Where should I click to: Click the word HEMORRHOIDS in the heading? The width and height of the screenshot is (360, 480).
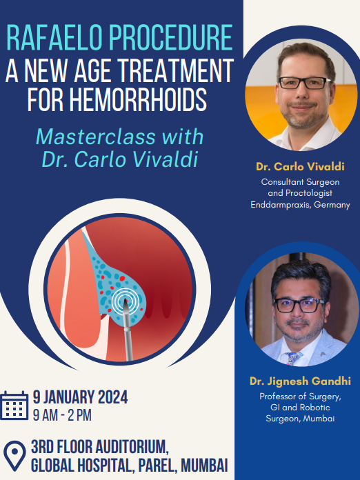[x=138, y=99]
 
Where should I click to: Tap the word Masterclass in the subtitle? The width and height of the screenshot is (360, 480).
[x=96, y=137]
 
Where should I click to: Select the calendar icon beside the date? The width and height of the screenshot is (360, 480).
[x=14, y=406]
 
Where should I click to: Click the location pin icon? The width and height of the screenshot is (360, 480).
[x=14, y=456]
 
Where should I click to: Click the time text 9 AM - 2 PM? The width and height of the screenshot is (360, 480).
[x=62, y=415]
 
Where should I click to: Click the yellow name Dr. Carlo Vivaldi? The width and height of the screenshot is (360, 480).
[x=300, y=166]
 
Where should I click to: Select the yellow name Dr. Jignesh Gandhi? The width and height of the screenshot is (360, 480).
[x=300, y=381]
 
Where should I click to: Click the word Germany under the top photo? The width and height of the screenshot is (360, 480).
[x=332, y=205]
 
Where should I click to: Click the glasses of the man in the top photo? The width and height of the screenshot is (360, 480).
[x=304, y=83]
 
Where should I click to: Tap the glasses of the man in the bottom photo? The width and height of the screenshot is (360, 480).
[x=299, y=306]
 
